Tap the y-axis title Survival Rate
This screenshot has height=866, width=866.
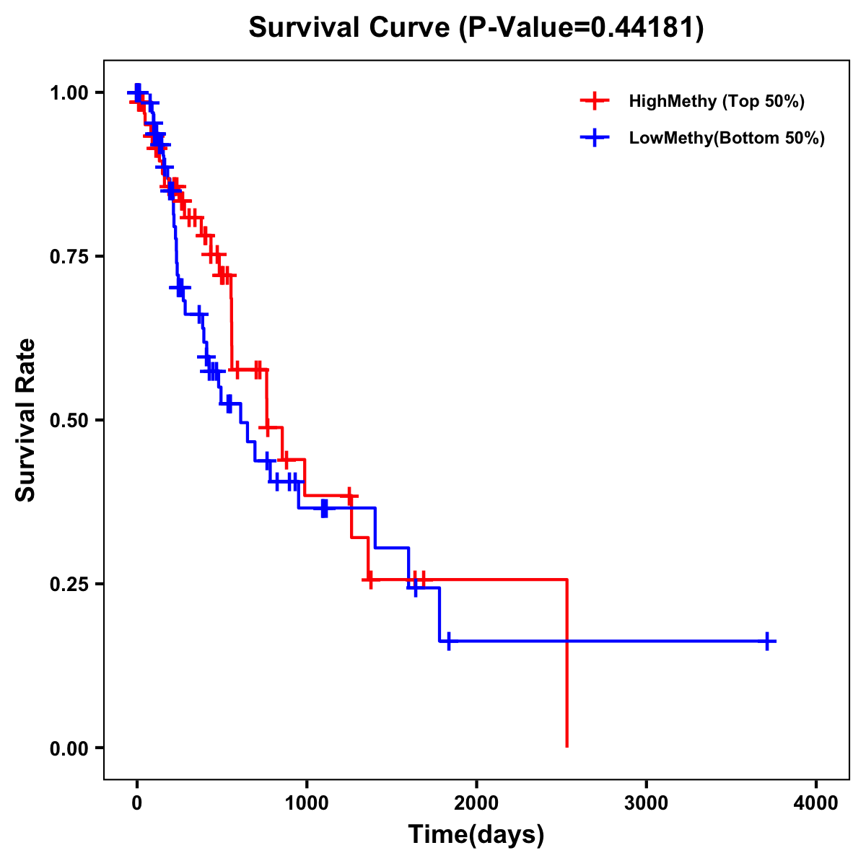coord(26,419)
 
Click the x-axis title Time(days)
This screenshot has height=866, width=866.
coord(476,834)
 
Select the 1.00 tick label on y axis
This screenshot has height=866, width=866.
coord(69,92)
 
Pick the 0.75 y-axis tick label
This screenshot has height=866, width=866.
coord(69,256)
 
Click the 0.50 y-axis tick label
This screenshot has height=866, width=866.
coord(69,420)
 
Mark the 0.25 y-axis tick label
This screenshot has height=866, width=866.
coord(69,584)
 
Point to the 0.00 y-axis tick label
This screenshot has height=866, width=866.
coord(69,748)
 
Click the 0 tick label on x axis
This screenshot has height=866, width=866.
coord(136,804)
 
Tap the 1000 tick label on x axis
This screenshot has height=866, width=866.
coord(306,804)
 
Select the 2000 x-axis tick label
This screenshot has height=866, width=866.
coord(476,804)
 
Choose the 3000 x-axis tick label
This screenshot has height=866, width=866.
coord(646,804)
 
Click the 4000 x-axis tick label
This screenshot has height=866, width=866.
coord(815,804)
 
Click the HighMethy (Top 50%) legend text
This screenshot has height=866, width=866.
coord(716,101)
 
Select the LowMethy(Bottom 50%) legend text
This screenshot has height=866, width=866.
coord(726,138)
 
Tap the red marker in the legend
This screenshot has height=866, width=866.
coord(595,101)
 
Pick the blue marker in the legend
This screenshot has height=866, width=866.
coord(595,138)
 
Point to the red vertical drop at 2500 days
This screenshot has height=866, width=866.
coord(567,664)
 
